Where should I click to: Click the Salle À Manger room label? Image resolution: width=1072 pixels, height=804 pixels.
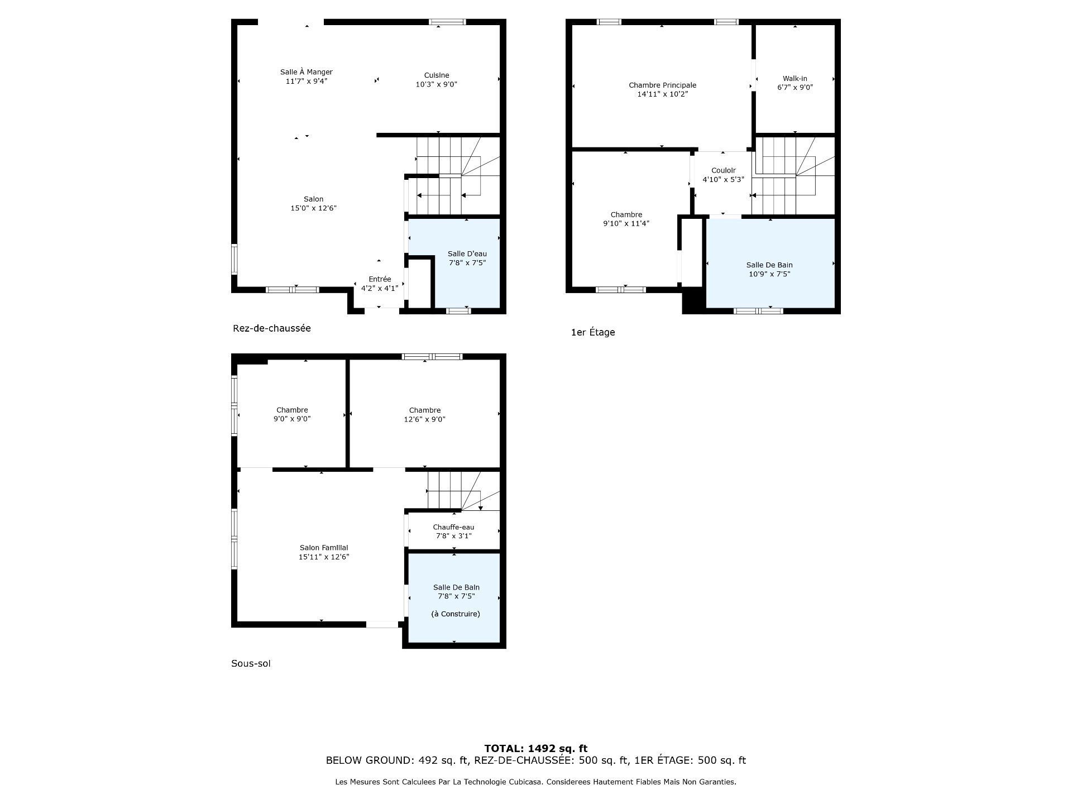point(306,72)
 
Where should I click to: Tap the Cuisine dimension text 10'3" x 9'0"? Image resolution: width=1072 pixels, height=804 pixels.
point(437,84)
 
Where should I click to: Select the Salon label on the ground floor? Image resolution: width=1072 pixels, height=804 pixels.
point(314,199)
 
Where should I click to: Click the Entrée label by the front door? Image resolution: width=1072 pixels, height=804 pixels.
point(380,279)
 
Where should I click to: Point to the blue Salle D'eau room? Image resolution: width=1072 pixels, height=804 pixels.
point(454,262)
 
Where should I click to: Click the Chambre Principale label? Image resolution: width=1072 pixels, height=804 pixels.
point(663,85)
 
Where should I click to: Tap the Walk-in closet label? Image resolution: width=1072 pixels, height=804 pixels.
point(795,79)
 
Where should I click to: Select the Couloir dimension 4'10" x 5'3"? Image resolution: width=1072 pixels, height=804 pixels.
point(724,180)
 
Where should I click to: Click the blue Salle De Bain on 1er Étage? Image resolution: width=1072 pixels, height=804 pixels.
point(770,262)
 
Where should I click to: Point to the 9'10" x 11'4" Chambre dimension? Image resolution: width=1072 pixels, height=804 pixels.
point(626,224)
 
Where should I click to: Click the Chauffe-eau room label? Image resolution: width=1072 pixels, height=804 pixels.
point(453,527)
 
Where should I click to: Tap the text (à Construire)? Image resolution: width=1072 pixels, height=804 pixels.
point(456,614)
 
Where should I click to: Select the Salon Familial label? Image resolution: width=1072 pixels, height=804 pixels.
point(324,548)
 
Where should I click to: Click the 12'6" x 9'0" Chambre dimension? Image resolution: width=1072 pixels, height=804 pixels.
point(425,419)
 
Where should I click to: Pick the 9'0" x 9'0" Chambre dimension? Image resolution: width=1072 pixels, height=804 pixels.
point(292,419)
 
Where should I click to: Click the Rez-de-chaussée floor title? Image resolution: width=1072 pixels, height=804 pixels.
point(272,328)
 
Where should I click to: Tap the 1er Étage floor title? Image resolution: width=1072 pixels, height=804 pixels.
point(593,332)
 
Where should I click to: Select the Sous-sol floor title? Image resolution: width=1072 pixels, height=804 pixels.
point(251,664)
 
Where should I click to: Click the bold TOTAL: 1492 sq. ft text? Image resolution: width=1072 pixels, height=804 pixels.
point(536,749)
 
